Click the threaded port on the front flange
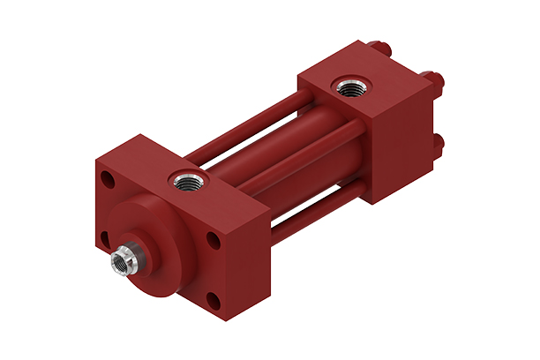[187, 180]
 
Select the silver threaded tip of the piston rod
[121, 261]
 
